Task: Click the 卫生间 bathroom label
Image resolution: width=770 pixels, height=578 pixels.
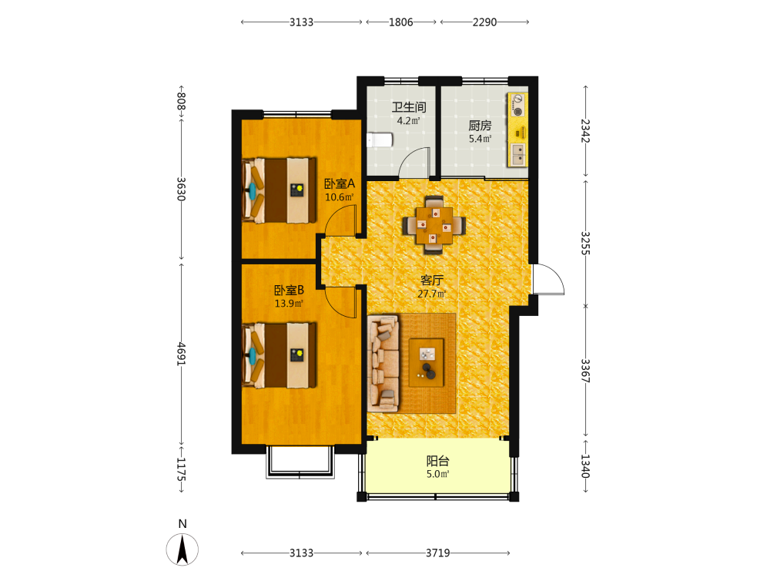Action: coord(409,106)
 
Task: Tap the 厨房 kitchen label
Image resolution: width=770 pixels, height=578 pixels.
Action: coord(480,126)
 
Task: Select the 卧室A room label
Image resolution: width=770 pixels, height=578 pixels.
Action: coord(340,184)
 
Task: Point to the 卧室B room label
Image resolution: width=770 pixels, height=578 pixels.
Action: coord(289,290)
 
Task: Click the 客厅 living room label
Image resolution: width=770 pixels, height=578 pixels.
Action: coord(432,281)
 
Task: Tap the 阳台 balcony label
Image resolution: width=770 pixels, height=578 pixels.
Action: coord(437,461)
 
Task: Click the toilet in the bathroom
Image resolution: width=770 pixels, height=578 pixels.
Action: coord(380,140)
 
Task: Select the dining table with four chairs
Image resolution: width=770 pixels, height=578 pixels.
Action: coord(434,226)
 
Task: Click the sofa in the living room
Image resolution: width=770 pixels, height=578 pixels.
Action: coord(383,364)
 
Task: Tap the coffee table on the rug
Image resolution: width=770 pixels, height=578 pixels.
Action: coord(427,362)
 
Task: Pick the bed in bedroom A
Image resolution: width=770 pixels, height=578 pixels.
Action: coord(279,190)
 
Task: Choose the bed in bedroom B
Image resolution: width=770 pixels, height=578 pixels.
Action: coord(279,355)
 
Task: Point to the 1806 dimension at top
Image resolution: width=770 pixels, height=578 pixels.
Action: coord(400,22)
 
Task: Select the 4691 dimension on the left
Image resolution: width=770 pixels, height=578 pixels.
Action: coord(181,354)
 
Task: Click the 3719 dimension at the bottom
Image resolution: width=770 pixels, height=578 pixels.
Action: coord(437,553)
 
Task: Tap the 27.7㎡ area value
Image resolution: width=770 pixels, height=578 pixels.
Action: coord(432,294)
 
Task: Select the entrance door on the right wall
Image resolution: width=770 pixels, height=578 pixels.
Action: coord(547,279)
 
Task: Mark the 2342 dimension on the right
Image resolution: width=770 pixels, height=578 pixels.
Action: coord(585,131)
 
